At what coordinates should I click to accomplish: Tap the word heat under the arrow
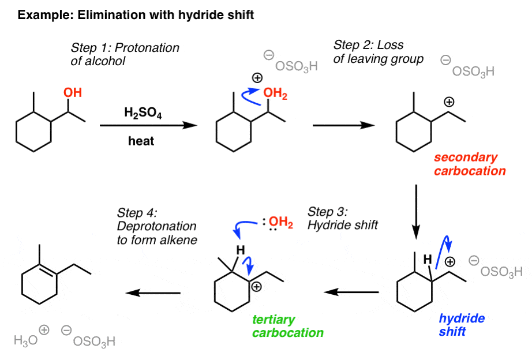(x=141, y=141)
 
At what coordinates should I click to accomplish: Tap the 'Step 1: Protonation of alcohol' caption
(x=125, y=54)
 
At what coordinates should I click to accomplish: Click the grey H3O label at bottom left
(x=26, y=340)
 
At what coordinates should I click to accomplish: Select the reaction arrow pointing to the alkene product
(x=153, y=293)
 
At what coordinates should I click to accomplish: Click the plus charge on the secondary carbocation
(x=448, y=102)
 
